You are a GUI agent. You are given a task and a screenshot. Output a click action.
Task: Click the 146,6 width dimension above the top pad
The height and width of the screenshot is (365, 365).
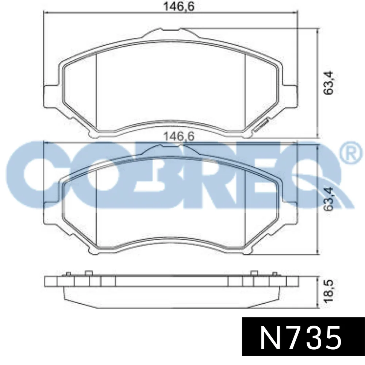[x=179, y=6]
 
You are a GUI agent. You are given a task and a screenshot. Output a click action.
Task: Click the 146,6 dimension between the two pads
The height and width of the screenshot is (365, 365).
[x=179, y=136]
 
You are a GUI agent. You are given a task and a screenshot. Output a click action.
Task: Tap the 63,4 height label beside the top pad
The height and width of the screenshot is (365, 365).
[x=328, y=82]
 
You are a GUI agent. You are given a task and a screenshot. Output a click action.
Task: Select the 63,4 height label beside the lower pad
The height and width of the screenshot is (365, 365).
[x=328, y=199]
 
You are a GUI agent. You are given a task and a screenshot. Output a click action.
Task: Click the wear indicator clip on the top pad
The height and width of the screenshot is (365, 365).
[x=262, y=125]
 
